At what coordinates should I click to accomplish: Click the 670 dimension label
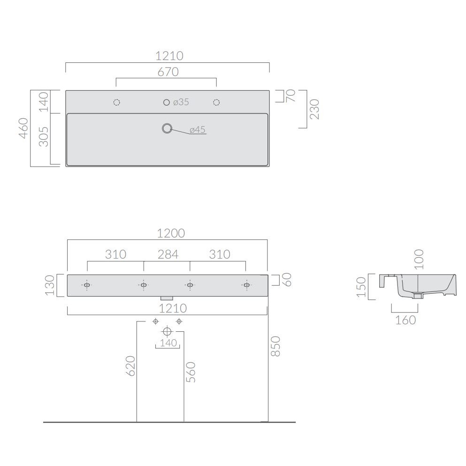coord(168,72)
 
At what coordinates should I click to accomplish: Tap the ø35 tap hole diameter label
coord(181,102)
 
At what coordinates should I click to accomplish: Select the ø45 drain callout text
coord(198,130)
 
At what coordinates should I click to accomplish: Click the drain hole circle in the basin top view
coord(167,129)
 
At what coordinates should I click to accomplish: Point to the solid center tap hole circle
coord(167,102)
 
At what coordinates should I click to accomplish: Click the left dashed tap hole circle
coord(117,102)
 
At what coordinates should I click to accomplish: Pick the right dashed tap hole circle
coord(216,102)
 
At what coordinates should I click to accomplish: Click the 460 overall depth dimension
coord(23,128)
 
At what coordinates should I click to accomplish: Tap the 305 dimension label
coord(44,137)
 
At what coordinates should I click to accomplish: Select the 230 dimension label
coord(314,109)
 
